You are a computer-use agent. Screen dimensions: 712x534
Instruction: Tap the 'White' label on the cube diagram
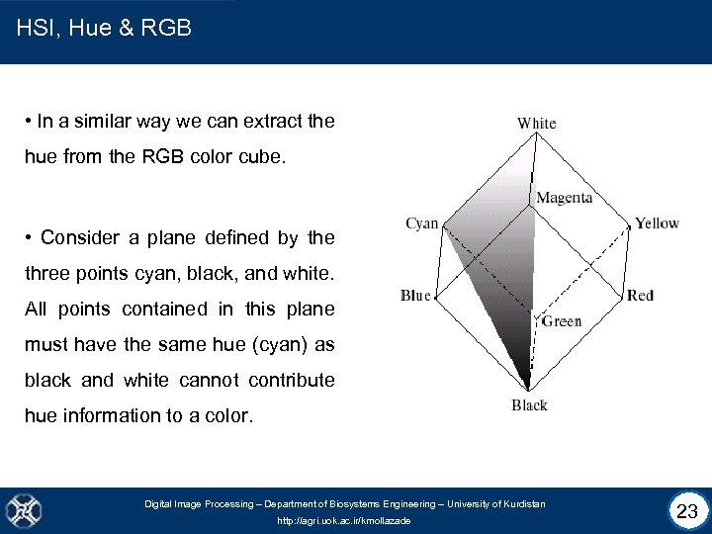(536, 124)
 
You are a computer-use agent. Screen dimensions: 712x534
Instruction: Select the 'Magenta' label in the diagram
(564, 198)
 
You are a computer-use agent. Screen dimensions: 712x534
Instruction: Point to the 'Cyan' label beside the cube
(422, 223)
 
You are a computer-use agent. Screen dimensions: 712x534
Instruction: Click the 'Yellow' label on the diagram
(657, 223)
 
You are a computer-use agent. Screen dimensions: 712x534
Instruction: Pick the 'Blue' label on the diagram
(415, 296)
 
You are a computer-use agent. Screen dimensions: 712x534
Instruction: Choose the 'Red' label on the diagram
(640, 296)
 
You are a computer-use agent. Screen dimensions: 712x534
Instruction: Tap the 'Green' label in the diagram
(561, 321)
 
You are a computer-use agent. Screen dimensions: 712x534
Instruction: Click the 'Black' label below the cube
(529, 405)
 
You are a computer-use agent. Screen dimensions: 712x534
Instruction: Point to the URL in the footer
(344, 520)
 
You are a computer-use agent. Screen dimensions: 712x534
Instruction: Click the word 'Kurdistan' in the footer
(522, 504)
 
